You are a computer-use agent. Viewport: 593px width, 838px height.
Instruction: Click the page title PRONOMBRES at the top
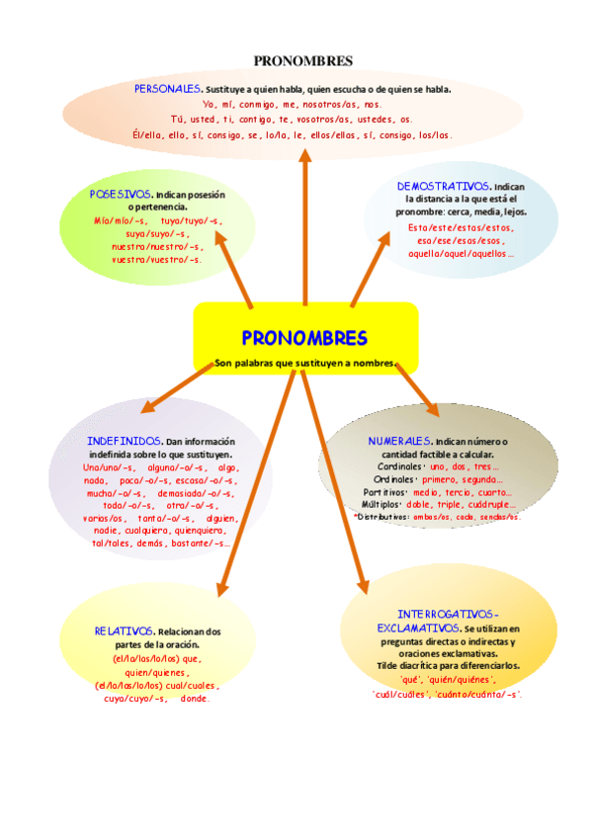click(x=303, y=60)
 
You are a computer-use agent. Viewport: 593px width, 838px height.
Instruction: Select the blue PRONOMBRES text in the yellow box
click(x=304, y=338)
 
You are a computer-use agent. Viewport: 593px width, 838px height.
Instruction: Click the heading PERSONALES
click(x=168, y=89)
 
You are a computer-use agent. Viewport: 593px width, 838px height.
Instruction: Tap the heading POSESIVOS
click(x=121, y=195)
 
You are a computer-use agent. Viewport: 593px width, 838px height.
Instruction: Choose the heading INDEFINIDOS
click(x=124, y=440)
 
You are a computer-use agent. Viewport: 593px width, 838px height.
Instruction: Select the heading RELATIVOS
click(x=125, y=630)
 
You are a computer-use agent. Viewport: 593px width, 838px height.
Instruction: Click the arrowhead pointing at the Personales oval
click(x=304, y=156)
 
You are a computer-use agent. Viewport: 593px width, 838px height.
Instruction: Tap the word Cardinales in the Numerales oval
click(x=399, y=466)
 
